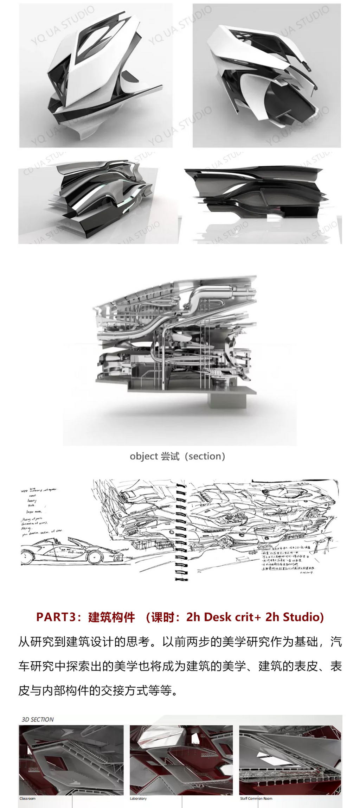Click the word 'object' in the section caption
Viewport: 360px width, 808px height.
143,457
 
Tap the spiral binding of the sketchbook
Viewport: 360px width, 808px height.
181,531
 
